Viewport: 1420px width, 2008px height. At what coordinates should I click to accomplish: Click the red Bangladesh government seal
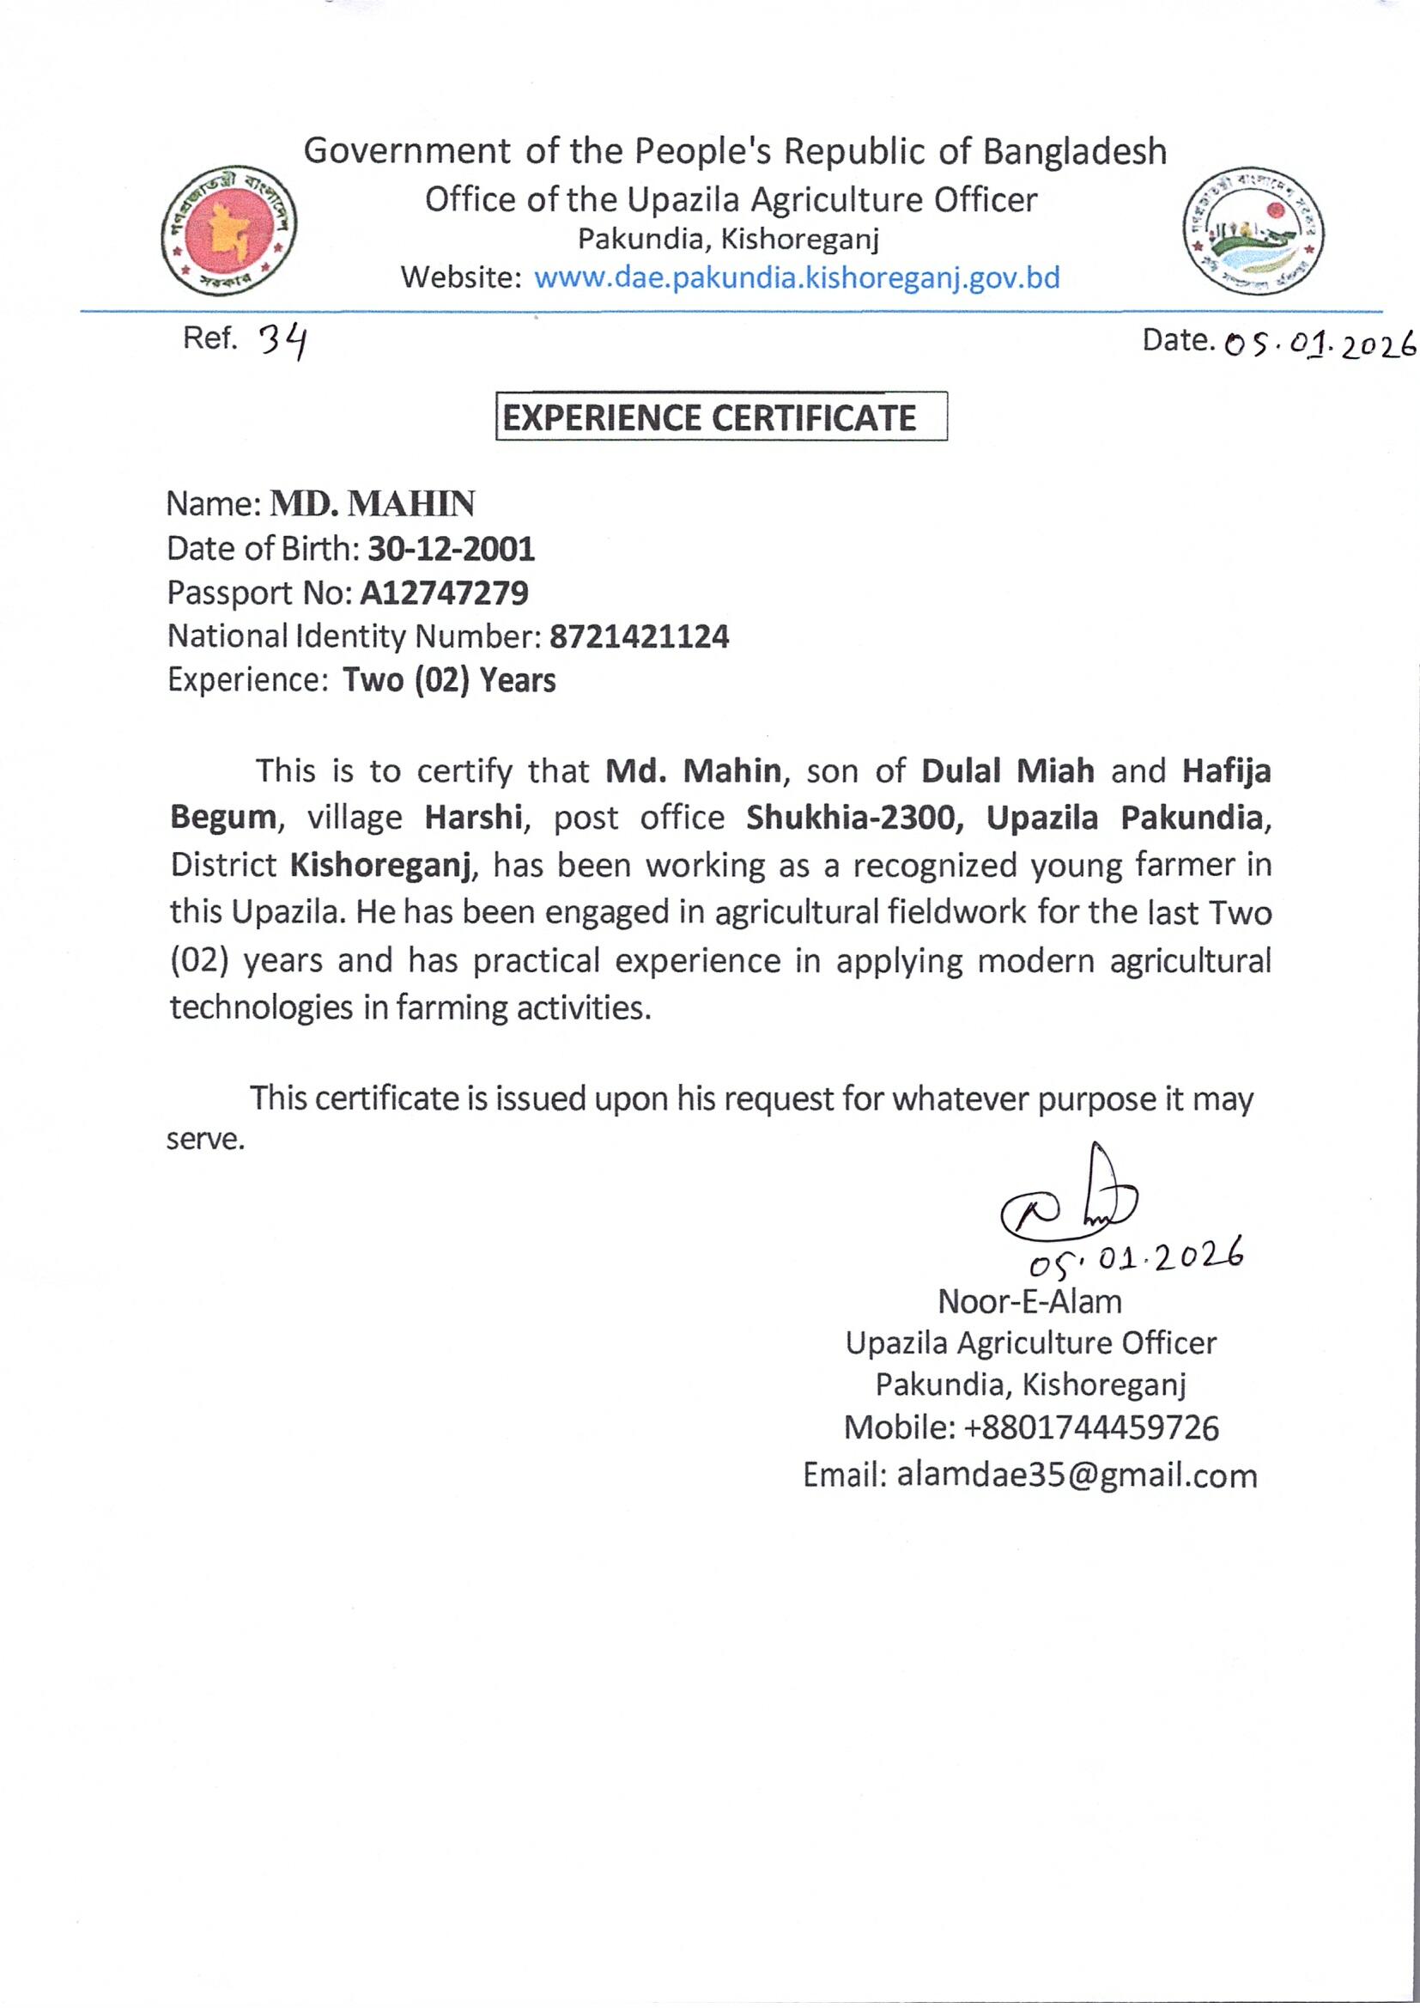tap(229, 231)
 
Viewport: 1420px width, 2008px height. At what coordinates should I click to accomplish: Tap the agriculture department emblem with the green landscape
tap(1252, 231)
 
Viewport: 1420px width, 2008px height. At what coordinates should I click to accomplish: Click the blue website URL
tap(797, 278)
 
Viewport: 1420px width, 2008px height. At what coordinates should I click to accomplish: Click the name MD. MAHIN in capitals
tap(373, 505)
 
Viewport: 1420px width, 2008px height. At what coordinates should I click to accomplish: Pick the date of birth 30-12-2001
tap(452, 549)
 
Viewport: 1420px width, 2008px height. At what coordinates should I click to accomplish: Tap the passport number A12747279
tap(444, 593)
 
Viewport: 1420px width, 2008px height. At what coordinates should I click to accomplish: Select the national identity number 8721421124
tap(640, 636)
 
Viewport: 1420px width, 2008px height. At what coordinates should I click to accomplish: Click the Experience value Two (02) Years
tap(449, 680)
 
